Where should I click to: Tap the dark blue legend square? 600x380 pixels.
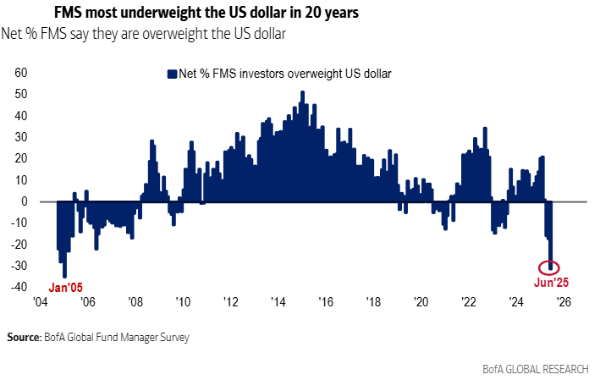click(x=171, y=73)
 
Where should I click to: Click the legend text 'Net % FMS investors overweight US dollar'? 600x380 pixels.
click(x=284, y=73)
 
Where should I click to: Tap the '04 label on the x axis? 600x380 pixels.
click(x=41, y=301)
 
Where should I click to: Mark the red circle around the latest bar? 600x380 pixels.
click(x=551, y=267)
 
